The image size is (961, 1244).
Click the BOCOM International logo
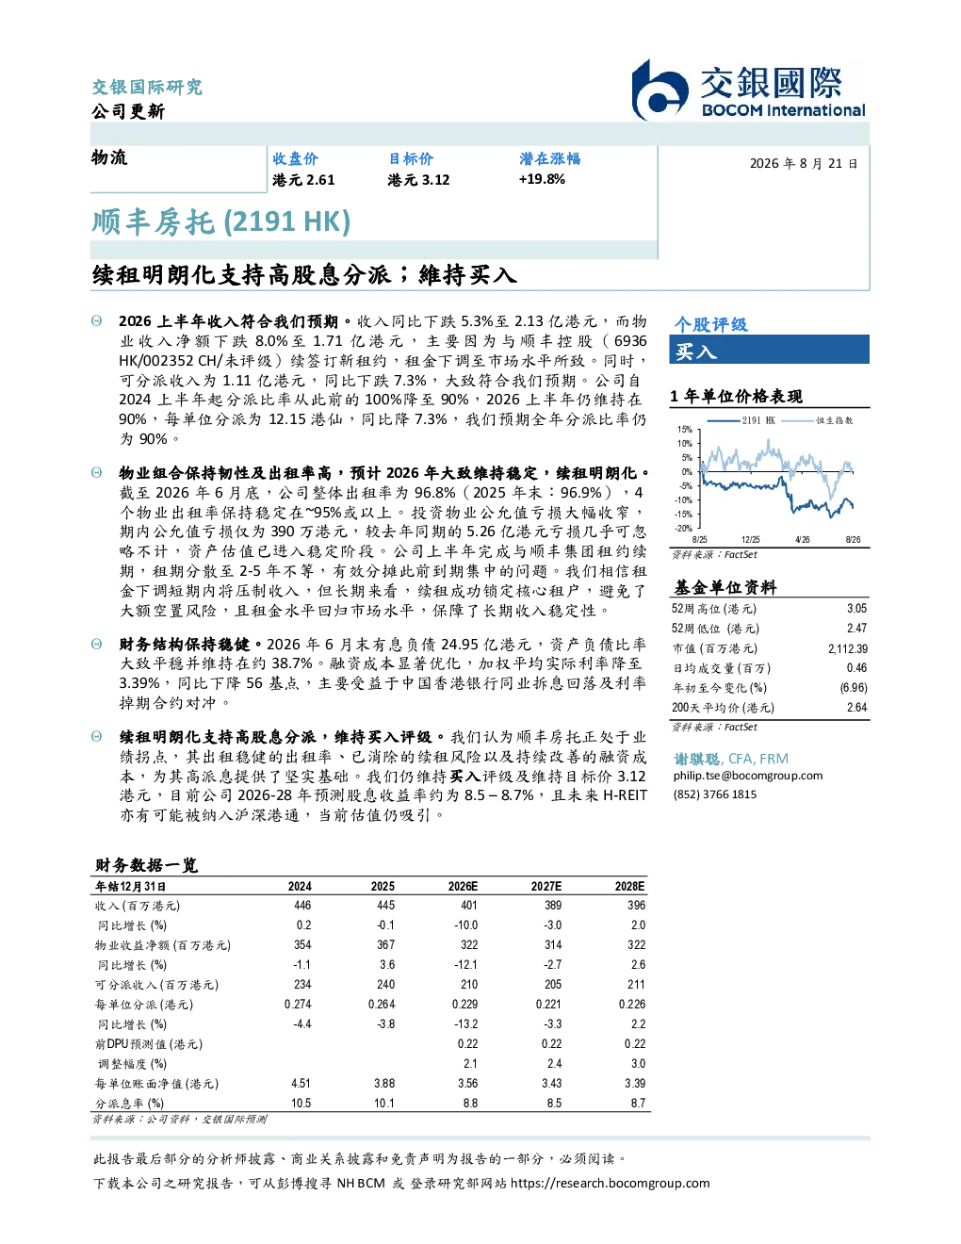748,90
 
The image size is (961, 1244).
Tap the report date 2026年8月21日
804,164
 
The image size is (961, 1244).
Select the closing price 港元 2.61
303,180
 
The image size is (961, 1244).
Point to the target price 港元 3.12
418,180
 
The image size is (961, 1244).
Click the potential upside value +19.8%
542,180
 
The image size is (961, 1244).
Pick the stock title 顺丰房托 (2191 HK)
220,222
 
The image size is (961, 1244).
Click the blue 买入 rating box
769,350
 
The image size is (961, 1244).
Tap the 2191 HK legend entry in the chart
741,420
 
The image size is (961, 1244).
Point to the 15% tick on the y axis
685,430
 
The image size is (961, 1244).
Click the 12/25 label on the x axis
750,539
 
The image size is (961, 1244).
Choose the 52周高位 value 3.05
856,609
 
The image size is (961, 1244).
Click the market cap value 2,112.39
848,648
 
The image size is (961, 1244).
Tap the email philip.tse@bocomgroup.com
748,776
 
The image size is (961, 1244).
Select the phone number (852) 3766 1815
715,794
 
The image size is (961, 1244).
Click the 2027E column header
546,886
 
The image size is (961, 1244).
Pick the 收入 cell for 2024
302,905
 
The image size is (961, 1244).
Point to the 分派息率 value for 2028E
638,1104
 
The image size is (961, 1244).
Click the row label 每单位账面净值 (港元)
156,1084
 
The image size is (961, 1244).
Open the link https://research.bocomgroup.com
611,1184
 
